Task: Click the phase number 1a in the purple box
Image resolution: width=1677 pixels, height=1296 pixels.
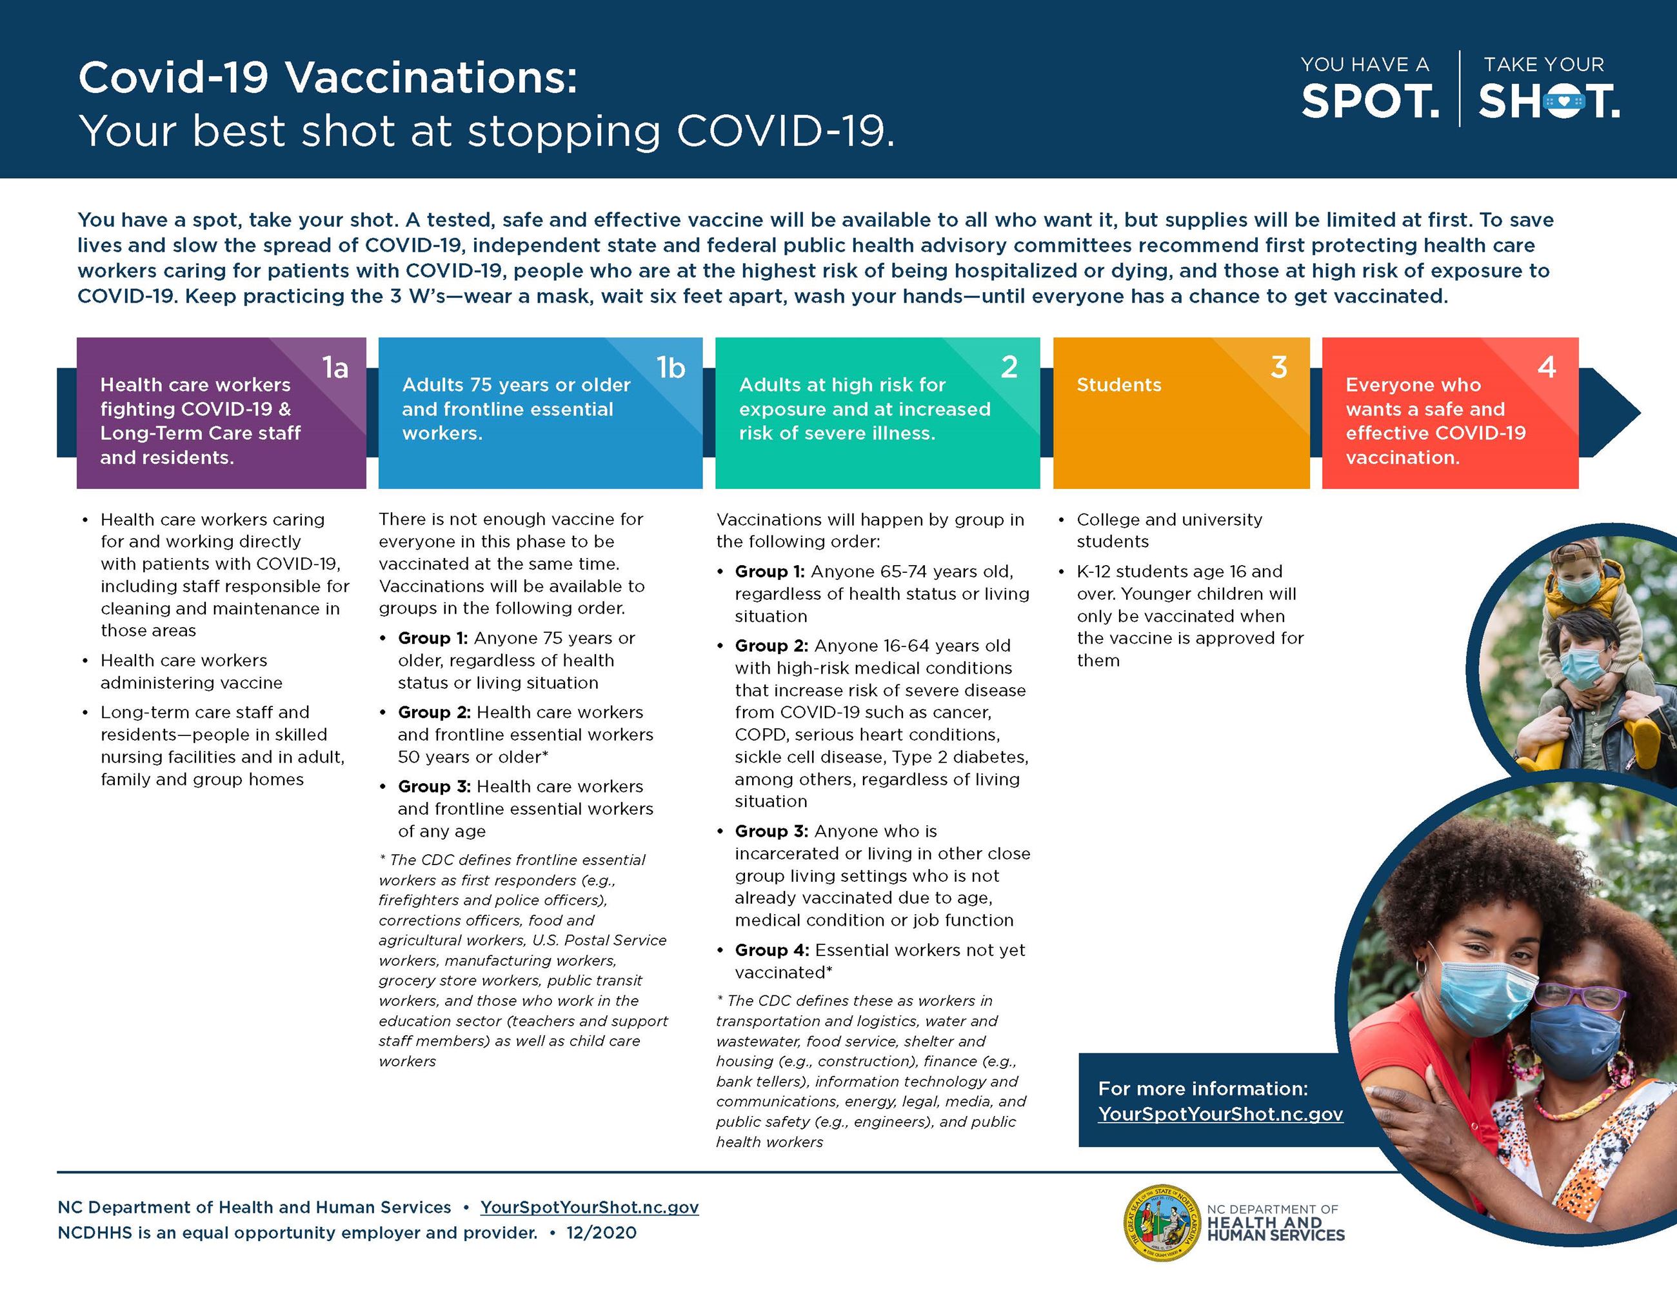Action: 335,368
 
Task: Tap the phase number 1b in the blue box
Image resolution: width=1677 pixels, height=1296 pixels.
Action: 670,368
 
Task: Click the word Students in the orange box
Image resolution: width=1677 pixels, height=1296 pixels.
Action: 1119,384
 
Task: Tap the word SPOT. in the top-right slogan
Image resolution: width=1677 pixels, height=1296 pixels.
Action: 1369,101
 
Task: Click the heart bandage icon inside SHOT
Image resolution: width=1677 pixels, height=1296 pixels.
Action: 1564,102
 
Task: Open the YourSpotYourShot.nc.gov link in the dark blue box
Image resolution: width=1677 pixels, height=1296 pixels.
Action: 1220,1114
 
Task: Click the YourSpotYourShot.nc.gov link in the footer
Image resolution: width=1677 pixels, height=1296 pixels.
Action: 589,1207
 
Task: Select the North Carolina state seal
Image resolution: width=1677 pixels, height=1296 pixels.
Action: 1160,1223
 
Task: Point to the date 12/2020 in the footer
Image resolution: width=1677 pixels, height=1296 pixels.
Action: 601,1233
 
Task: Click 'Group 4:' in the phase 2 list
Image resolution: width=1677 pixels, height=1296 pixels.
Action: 771,950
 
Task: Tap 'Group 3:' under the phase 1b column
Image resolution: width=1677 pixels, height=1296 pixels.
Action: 434,786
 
